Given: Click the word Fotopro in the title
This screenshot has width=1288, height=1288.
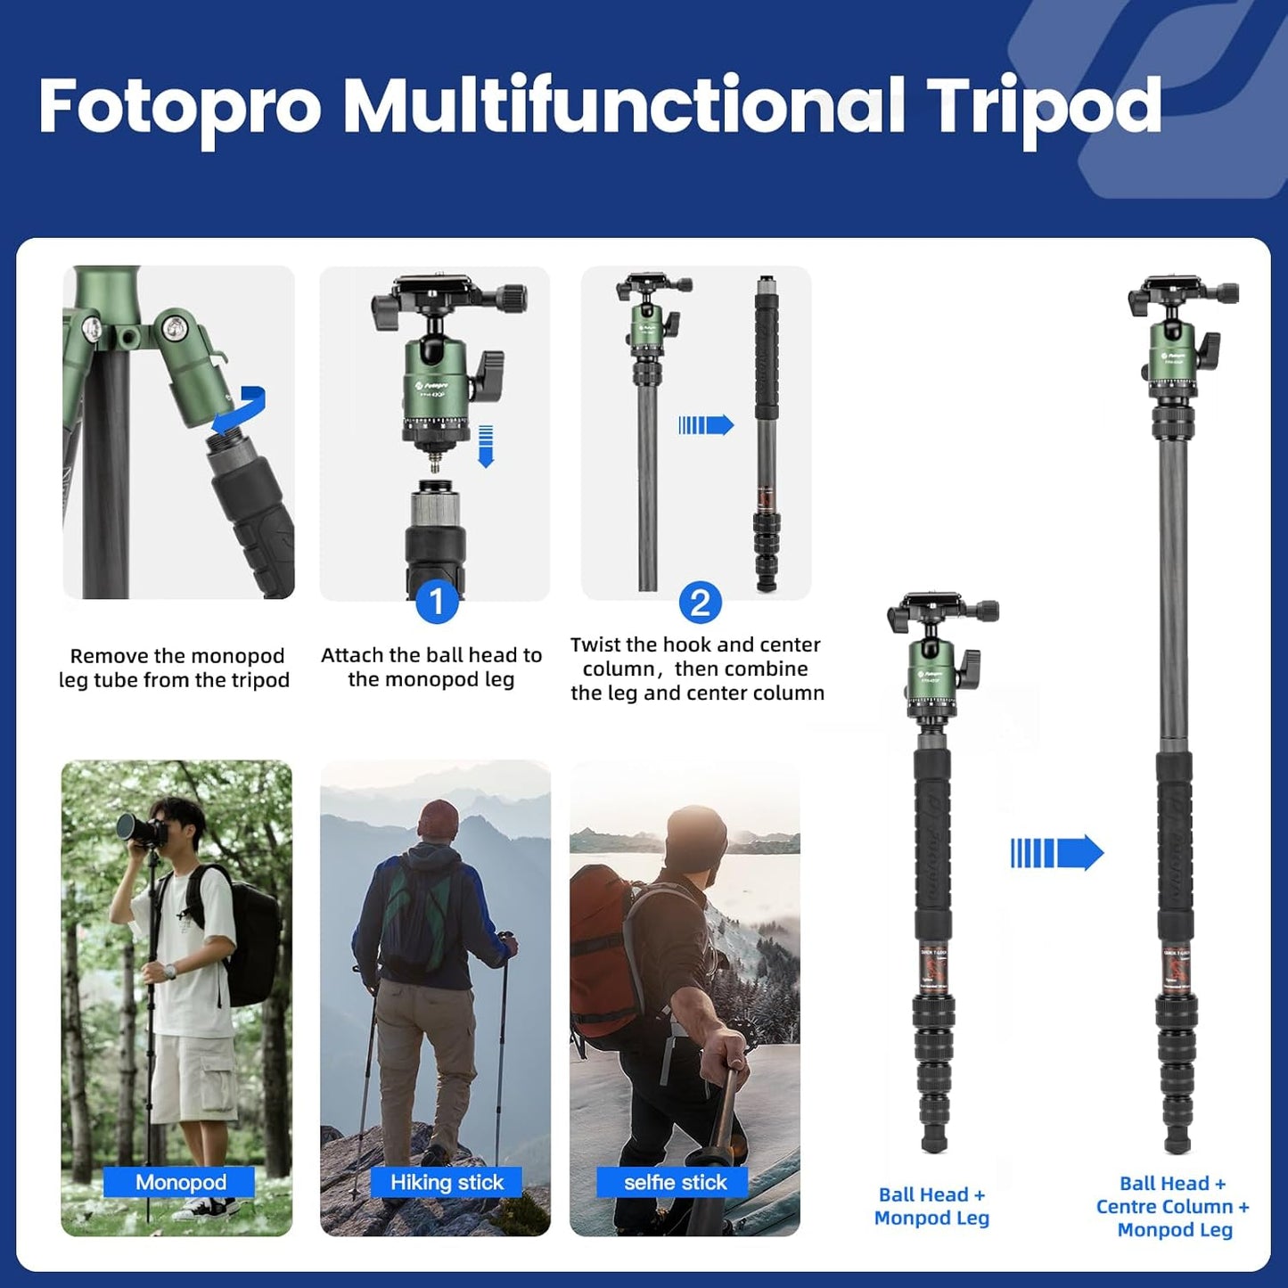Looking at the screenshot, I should coord(179,107).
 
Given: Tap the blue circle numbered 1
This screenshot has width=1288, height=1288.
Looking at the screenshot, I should coord(436,603).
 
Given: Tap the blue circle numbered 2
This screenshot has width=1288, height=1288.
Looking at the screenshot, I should coord(700,603).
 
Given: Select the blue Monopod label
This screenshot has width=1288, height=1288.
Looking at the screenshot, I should coord(180,1182).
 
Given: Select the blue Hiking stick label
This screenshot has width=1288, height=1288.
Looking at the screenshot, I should coord(447,1182).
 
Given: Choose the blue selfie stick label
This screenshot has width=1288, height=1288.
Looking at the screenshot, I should coord(675,1182).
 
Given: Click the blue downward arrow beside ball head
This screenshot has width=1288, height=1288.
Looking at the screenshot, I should coord(486,446).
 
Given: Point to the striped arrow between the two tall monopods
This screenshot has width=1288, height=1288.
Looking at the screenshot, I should coord(1056,853).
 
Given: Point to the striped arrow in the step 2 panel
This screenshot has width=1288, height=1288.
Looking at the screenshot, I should coord(705,425).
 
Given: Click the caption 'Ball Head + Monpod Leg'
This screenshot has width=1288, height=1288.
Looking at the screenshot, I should coord(931,1206).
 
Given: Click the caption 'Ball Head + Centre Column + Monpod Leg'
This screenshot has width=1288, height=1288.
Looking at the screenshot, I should coord(1173,1206).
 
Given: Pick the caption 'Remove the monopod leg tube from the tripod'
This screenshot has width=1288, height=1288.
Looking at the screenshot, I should coord(176,668).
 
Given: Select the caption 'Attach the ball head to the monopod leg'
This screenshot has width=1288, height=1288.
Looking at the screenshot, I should coord(431,667).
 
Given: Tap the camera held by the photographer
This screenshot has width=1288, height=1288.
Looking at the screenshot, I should coord(141,829).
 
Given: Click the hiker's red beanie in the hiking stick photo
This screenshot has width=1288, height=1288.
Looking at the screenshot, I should coord(438,817).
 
